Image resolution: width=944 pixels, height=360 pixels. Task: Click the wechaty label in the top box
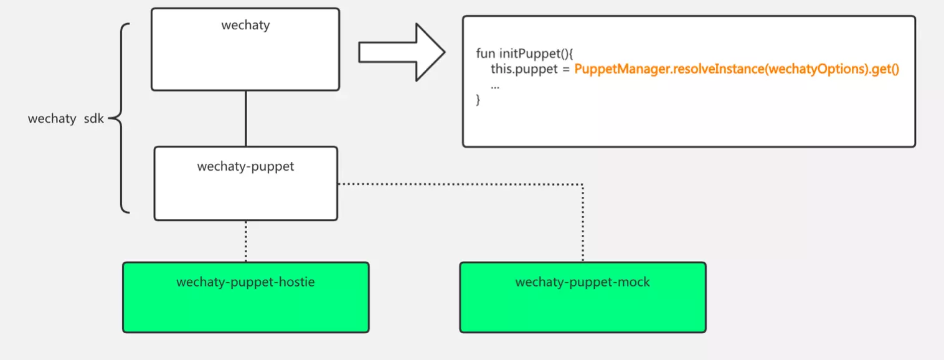tap(245, 26)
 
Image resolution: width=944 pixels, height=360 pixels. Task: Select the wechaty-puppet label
tap(245, 166)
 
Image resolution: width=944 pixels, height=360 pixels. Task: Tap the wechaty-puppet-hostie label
tap(245, 282)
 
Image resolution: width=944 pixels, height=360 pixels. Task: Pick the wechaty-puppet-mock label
tap(582, 282)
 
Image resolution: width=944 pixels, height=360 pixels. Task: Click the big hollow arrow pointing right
tap(402, 52)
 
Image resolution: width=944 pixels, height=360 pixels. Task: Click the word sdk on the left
tap(95, 118)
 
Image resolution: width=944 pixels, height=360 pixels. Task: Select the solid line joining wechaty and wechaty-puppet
tap(246, 118)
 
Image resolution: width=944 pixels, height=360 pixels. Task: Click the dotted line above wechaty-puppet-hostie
tap(246, 241)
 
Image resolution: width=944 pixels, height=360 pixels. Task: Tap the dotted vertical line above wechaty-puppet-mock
tap(583, 224)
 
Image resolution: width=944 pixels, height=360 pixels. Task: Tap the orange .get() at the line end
tap(885, 70)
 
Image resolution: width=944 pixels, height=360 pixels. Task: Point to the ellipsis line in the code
tap(495, 85)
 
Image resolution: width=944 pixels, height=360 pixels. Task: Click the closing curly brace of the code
tap(478, 100)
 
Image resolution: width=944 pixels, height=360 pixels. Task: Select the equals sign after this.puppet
tap(567, 70)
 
